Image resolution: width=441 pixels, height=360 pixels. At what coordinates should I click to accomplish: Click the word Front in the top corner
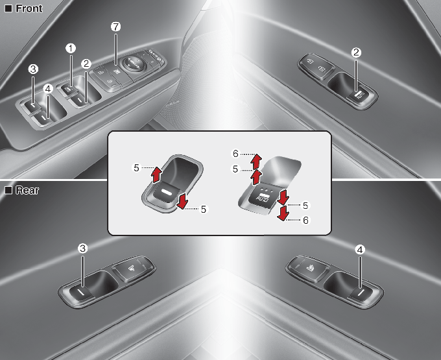click(x=29, y=8)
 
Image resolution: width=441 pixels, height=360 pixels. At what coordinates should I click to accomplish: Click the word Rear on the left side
click(x=27, y=190)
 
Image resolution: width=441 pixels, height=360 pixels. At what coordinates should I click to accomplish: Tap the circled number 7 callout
click(x=115, y=27)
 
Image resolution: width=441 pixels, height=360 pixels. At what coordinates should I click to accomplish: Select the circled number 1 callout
click(x=71, y=49)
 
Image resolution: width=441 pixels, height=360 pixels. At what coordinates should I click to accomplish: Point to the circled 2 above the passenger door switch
click(x=356, y=53)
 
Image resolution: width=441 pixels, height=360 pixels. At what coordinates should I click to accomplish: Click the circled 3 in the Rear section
click(x=82, y=248)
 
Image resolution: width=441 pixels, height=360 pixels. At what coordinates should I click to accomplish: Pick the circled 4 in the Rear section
click(x=360, y=250)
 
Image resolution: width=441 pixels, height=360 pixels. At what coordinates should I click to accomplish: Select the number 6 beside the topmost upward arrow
click(x=235, y=154)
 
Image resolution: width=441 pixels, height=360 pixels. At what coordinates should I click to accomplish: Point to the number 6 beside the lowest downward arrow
click(x=305, y=220)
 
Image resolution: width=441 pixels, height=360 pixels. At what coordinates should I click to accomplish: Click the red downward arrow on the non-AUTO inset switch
click(x=182, y=201)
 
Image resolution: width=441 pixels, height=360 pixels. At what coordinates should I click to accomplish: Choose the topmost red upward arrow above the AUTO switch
click(x=256, y=161)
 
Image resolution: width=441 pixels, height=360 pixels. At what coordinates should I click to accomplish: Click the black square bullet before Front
click(x=8, y=8)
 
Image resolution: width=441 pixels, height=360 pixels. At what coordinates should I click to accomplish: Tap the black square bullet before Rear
click(x=8, y=190)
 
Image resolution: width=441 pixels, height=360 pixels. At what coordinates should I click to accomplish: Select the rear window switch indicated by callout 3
click(x=81, y=293)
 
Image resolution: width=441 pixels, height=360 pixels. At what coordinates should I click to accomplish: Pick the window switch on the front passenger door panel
click(x=358, y=96)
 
